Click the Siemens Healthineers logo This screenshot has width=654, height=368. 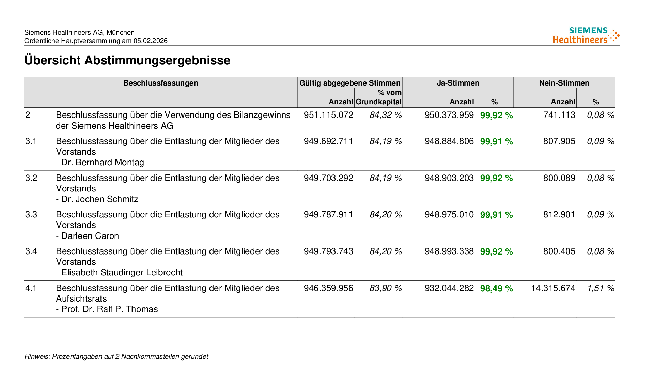(x=586, y=35)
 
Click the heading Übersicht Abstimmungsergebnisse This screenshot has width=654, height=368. (x=127, y=60)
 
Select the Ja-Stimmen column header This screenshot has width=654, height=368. (x=458, y=83)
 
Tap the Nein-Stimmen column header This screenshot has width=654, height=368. (x=564, y=83)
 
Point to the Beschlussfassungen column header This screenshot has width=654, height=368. (x=160, y=83)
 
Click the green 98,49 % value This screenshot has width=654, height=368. (x=496, y=288)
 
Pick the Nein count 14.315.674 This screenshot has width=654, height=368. (x=553, y=288)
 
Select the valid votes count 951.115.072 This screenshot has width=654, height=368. (x=328, y=115)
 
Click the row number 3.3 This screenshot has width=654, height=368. (x=31, y=214)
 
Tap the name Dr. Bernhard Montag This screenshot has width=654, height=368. (x=103, y=162)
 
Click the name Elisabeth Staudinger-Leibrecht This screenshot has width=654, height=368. (x=122, y=272)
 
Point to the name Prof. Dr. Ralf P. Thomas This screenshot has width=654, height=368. (x=109, y=309)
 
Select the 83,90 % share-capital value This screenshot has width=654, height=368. (x=386, y=288)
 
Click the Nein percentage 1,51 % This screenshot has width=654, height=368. (x=601, y=288)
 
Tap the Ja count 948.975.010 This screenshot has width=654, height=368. (x=449, y=214)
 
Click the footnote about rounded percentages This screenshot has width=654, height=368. (x=116, y=356)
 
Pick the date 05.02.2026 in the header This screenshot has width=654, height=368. (x=150, y=41)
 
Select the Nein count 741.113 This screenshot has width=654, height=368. (x=559, y=115)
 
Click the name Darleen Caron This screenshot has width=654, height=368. (x=90, y=236)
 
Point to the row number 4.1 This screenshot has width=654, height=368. (x=31, y=288)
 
